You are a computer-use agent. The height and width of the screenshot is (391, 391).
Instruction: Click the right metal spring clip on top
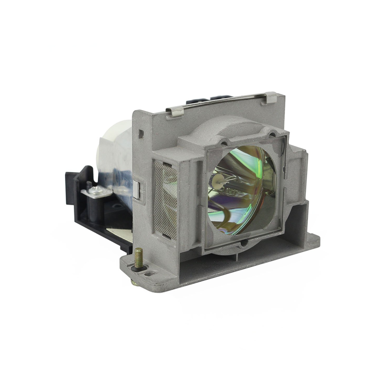coord(268,99)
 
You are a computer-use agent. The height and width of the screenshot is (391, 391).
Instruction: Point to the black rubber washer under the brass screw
coord(138,268)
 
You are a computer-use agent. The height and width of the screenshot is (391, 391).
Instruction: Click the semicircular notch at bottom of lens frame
coord(243,244)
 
